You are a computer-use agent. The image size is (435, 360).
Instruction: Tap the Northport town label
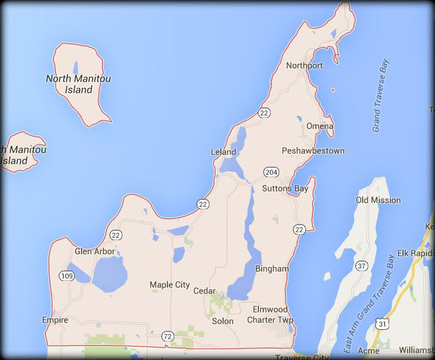pyautogui.click(x=305, y=65)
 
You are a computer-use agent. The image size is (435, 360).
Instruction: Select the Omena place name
pyautogui.click(x=320, y=126)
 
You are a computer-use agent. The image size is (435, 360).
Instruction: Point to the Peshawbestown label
pyautogui.click(x=313, y=151)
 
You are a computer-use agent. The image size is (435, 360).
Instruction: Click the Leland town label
pyautogui.click(x=223, y=152)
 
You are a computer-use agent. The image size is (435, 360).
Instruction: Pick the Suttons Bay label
pyautogui.click(x=285, y=188)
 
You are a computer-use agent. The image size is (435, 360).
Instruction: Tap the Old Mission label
pyautogui.click(x=378, y=200)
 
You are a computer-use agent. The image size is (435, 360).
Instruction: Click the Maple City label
pyautogui.click(x=170, y=285)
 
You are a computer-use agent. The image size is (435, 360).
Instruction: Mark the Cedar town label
pyautogui.click(x=205, y=291)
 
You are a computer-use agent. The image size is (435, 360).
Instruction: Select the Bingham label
pyautogui.click(x=272, y=269)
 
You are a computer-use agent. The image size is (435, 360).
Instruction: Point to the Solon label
pyautogui.click(x=222, y=321)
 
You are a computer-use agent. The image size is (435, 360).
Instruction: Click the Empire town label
pyautogui.click(x=55, y=320)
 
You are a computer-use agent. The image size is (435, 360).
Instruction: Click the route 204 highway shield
pyautogui.click(x=269, y=172)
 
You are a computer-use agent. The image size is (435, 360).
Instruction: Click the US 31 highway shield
pyautogui.click(x=384, y=324)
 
